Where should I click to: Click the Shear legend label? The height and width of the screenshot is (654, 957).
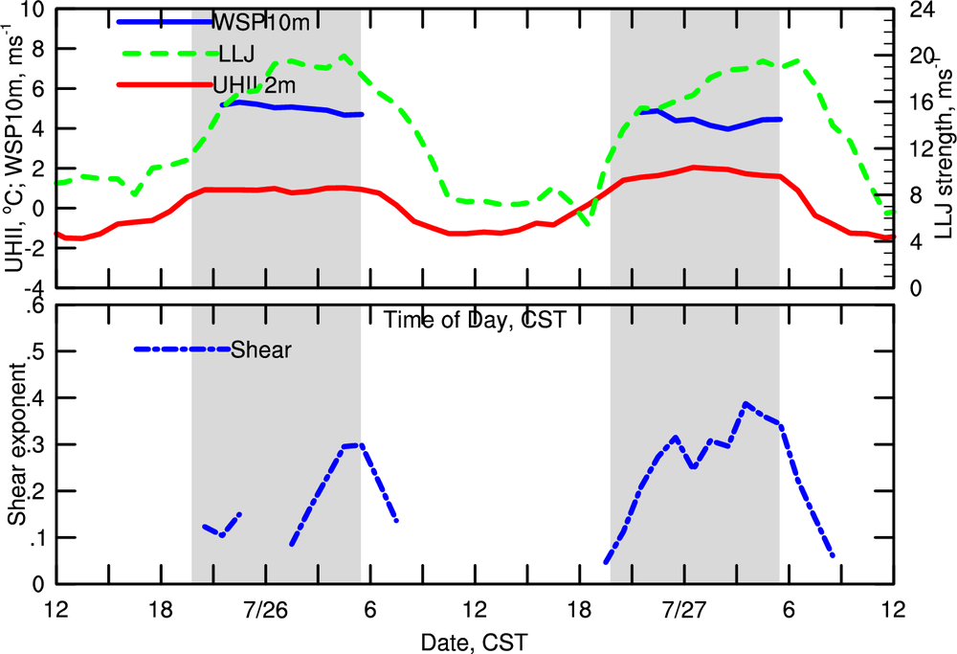click(x=260, y=350)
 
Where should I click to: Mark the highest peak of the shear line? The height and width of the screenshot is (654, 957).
click(x=746, y=404)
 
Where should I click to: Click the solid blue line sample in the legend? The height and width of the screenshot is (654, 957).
click(x=163, y=20)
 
